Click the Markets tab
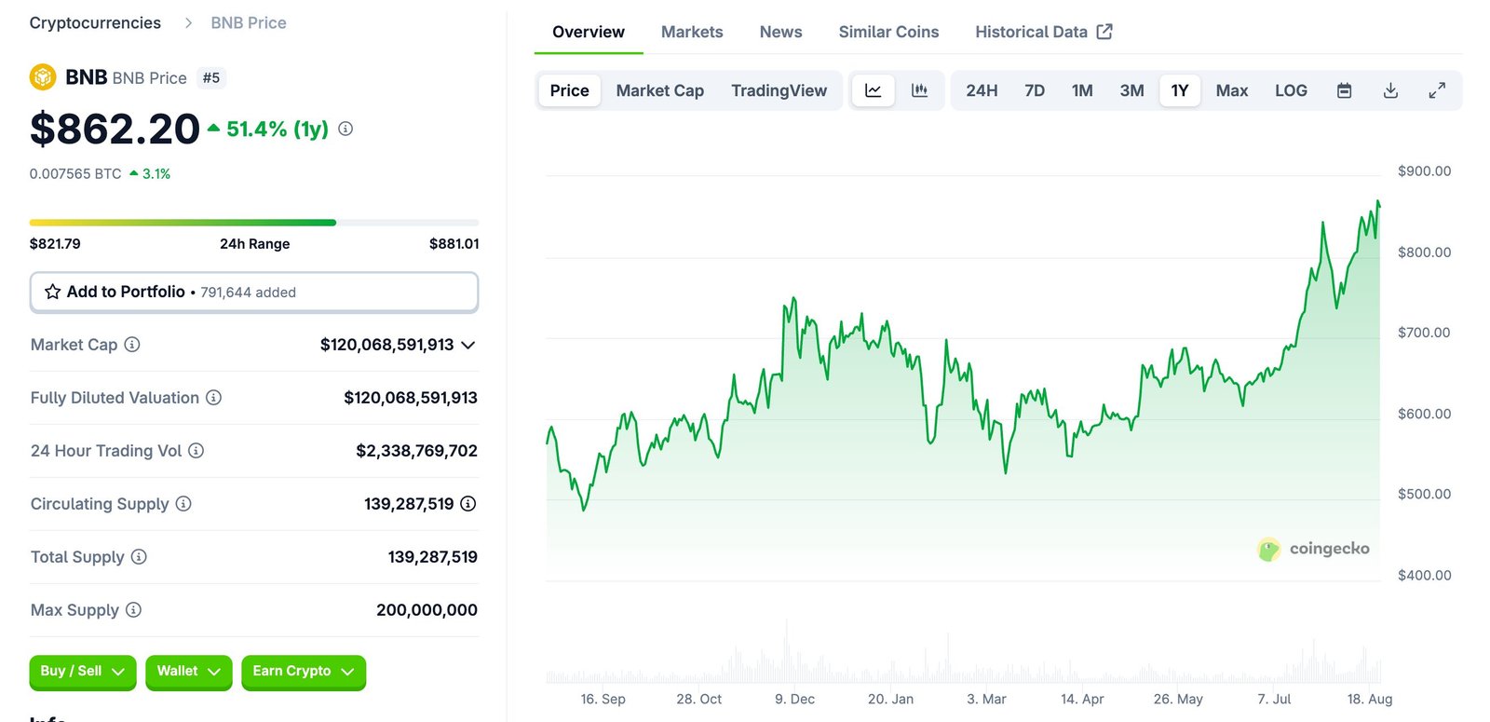pos(691,32)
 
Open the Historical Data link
pos(1043,32)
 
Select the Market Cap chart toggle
pos(659,90)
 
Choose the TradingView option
pos(779,90)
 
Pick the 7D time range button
pos(1034,90)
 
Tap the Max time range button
pos(1231,90)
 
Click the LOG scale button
pos(1291,90)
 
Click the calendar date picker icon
pos(1344,90)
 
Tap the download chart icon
pos(1390,90)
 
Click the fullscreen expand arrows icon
pos(1437,90)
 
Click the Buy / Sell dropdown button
pos(82,672)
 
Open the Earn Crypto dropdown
pos(303,672)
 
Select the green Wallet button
pos(188,672)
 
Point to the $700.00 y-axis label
pos(1424,333)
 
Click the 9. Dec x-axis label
pos(794,699)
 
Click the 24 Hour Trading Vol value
pos(416,451)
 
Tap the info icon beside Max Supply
pos(133,610)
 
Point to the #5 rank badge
pos(211,78)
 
